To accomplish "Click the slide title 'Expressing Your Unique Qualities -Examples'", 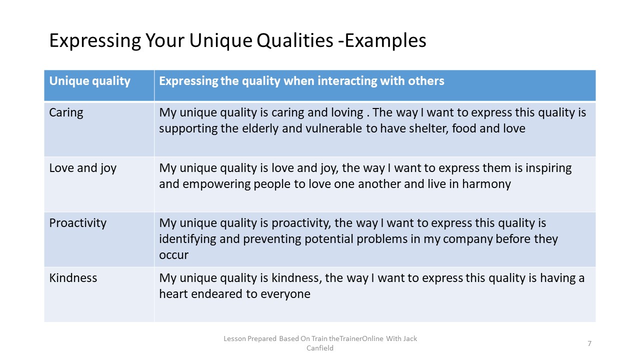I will point(237,41).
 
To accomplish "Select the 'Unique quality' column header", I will point(89,81).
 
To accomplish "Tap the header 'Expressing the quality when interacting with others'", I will point(301,81).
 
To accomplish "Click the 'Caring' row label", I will point(66,113).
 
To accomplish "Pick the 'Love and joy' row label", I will point(82,168).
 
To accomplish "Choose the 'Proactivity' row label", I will point(77,223).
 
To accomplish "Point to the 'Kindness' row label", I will point(73,278).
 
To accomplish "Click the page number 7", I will point(589,343).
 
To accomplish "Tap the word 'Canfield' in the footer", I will point(319,348).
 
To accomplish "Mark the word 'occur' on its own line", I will point(173,255).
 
